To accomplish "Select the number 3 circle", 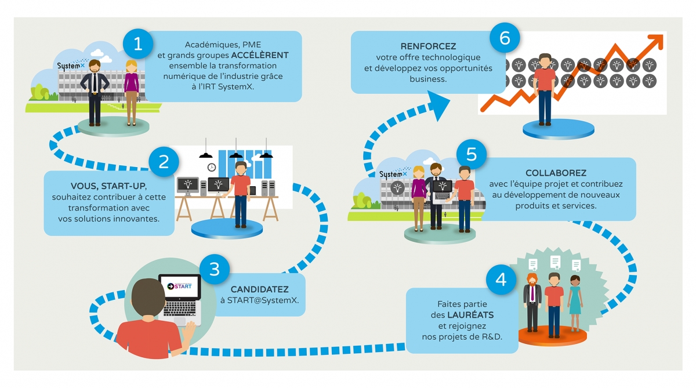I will tap(215, 269).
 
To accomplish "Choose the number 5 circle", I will tap(471, 154).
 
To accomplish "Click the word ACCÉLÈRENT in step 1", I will tap(259, 56).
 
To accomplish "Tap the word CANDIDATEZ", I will tap(259, 289).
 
